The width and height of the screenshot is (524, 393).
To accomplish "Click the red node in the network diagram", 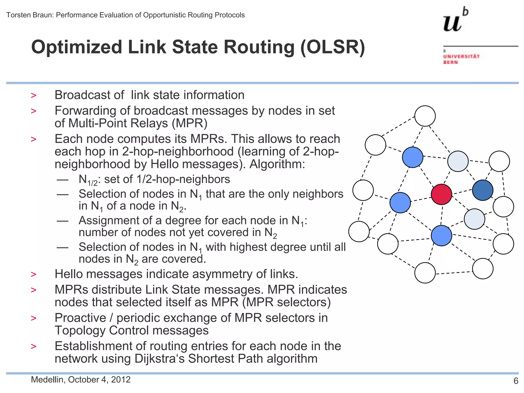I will [x=441, y=194].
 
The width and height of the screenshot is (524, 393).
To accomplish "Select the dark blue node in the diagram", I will [x=483, y=190].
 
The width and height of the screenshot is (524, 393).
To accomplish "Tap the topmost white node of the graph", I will [x=425, y=116].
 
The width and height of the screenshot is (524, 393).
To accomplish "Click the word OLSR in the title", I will [x=333, y=47].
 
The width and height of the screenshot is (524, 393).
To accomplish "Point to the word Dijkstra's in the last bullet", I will [x=160, y=358].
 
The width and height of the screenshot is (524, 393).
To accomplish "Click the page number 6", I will [x=516, y=381].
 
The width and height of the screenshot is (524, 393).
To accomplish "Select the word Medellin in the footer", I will [x=47, y=379].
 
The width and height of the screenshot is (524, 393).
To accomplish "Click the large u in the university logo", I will [x=452, y=23].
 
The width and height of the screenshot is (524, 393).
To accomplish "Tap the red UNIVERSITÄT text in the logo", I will [x=462, y=56].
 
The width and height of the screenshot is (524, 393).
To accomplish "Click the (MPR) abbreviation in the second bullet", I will [x=189, y=123].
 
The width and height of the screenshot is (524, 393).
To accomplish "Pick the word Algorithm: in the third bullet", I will [x=277, y=164].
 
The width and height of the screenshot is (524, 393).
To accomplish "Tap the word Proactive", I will [x=80, y=318].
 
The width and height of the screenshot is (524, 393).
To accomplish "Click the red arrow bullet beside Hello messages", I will [x=34, y=274].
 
